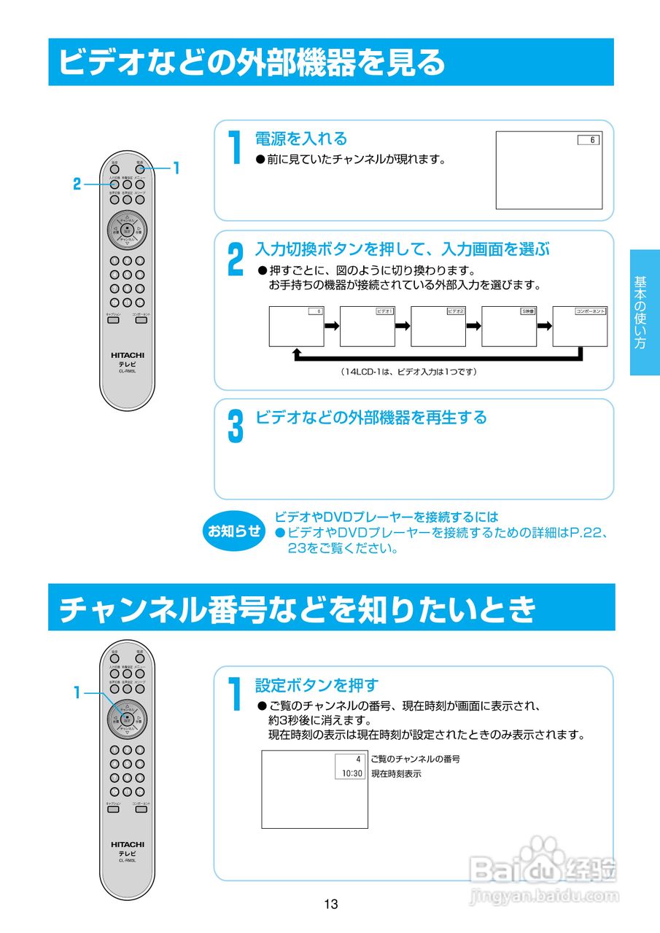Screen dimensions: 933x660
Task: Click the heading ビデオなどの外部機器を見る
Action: coord(252,62)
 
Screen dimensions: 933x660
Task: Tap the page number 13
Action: coord(331,905)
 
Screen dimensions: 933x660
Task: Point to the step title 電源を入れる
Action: coord(301,138)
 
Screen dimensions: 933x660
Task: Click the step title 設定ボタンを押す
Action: coord(317,685)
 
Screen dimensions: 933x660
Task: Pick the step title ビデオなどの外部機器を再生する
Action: coord(370,417)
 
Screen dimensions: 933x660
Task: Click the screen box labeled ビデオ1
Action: coord(368,326)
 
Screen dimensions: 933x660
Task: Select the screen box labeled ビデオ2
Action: coord(438,326)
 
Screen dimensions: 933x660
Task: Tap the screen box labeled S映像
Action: coord(509,326)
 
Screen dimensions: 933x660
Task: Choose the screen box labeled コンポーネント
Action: coord(580,326)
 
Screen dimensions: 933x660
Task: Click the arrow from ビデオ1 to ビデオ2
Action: coord(403,326)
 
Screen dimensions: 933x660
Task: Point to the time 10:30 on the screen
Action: coord(352,773)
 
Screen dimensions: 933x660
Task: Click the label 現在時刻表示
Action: coord(396,773)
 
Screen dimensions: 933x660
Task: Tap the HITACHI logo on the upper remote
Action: coord(128,355)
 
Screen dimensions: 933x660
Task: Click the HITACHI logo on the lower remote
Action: coord(128,844)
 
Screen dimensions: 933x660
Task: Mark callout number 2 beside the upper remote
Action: coord(77,184)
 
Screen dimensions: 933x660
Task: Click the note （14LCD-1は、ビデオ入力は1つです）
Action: coord(408,372)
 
